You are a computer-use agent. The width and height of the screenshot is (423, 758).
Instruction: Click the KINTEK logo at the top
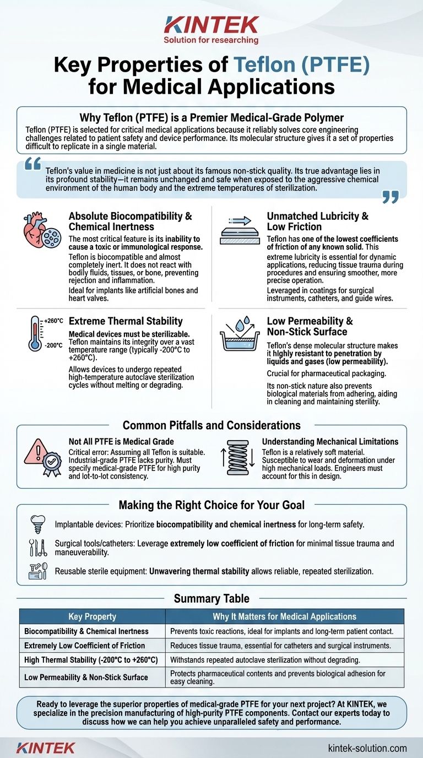[211, 25]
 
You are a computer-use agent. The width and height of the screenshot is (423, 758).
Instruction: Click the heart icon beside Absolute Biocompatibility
[35, 227]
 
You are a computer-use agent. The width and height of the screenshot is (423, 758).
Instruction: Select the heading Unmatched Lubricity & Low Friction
[317, 221]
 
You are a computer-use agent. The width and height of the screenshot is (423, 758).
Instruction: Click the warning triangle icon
[35, 450]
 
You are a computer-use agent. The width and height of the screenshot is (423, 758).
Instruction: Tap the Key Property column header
[92, 616]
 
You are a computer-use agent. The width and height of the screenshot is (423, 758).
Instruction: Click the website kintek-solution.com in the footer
[367, 748]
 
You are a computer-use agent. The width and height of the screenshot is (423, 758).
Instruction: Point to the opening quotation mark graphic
[33, 164]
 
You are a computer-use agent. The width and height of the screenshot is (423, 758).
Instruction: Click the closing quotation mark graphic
[390, 197]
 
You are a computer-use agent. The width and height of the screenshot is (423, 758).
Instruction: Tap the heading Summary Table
[211, 598]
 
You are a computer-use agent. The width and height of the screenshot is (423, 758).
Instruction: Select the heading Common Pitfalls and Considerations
[211, 425]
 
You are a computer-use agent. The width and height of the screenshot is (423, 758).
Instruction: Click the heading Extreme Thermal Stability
[126, 321]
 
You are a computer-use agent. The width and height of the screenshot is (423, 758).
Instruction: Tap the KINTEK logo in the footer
[46, 748]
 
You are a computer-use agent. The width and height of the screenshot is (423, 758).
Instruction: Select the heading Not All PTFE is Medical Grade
[113, 441]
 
